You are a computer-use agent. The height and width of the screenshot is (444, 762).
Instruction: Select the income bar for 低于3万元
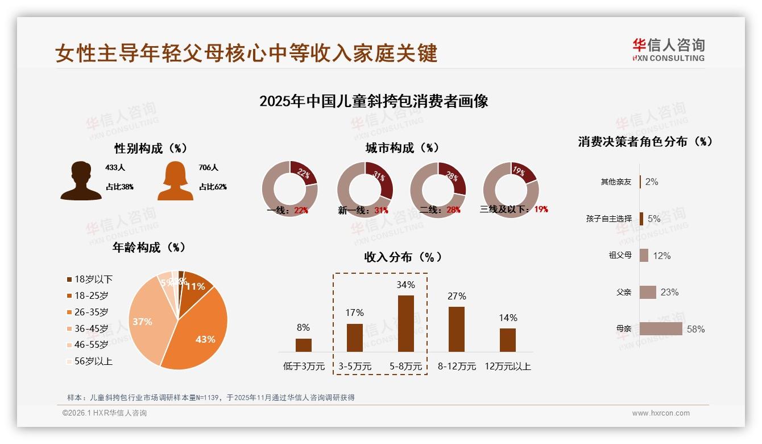304,345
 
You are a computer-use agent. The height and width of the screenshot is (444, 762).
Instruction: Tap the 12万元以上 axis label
507,367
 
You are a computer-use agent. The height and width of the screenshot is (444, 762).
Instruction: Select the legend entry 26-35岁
91,312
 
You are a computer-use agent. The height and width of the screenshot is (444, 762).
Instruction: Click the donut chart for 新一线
365,190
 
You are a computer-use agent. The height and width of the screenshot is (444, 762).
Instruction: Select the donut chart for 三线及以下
511,190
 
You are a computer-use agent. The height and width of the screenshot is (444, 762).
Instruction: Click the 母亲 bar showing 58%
661,329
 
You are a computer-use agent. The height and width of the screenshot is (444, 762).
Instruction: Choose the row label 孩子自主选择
608,219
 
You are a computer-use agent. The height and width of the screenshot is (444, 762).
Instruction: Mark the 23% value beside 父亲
669,293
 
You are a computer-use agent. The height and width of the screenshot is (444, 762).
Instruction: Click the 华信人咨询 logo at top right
668,50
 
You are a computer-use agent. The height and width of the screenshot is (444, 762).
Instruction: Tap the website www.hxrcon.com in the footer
661,413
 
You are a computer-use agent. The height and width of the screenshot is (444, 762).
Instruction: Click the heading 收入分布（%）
403,257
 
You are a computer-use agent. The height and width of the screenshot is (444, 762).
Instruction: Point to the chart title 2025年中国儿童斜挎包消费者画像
374,102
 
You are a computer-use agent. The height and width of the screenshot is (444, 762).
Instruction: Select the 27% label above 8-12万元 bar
457,296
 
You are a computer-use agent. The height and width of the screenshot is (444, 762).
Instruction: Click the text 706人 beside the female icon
209,168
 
